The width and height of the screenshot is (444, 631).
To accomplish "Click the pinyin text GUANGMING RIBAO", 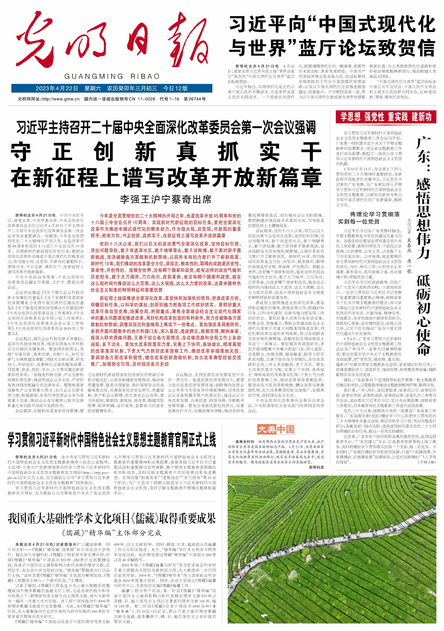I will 112,76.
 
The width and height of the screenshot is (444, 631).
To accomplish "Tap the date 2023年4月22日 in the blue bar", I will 57,88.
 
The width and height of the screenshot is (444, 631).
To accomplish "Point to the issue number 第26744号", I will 195,99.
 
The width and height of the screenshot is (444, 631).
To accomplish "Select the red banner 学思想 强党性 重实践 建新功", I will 386,117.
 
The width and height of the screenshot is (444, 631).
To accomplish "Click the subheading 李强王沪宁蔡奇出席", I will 166,199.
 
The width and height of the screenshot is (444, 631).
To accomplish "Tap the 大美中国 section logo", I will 276,429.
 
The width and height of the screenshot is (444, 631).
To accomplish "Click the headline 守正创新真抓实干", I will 166,152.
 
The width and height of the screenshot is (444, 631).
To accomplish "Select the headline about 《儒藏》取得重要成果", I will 112,519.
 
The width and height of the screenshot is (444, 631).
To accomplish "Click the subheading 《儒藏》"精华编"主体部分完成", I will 112,533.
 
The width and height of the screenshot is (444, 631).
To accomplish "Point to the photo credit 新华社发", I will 316,467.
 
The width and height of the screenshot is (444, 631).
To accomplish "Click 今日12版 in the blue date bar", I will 175,88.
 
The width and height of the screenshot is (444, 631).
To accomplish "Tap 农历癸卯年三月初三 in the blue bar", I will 132,88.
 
